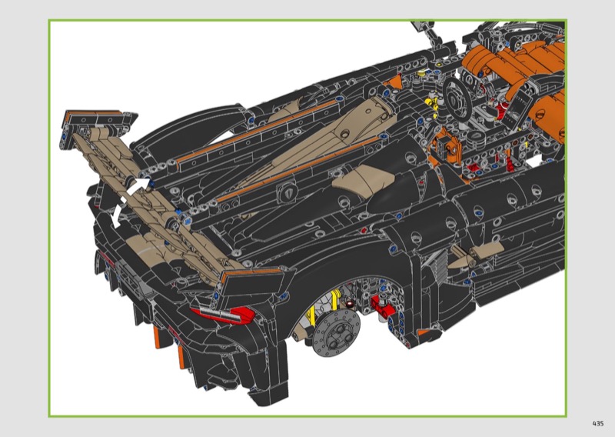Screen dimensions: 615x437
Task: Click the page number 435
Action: [x=598, y=423]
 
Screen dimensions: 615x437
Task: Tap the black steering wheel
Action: [x=457, y=98]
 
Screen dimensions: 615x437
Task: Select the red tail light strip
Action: [x=224, y=314]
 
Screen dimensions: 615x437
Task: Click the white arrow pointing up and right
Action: [x=138, y=185]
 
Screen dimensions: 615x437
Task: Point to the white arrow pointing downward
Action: [x=118, y=212]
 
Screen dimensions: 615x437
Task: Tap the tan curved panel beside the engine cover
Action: [x=363, y=177]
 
